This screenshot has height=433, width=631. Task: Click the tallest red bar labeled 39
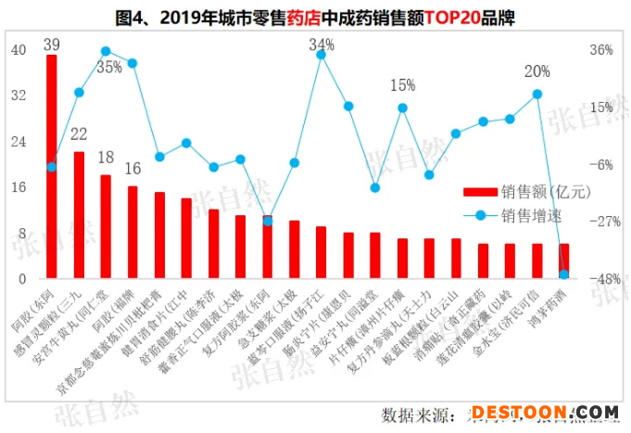(x=52, y=167)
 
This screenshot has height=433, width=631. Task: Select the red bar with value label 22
(x=80, y=215)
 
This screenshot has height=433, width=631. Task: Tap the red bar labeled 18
(x=106, y=226)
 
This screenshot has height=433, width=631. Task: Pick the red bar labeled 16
(x=133, y=232)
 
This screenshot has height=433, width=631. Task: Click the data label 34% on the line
(x=322, y=45)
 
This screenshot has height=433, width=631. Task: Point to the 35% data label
(x=109, y=68)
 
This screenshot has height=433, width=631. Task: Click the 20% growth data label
(x=536, y=71)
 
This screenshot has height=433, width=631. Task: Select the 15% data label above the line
(x=402, y=85)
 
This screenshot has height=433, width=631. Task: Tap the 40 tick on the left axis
(x=19, y=50)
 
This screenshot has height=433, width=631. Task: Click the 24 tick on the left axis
(x=19, y=142)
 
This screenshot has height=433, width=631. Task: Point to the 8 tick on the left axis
(x=21, y=234)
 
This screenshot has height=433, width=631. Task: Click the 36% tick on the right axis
(x=602, y=50)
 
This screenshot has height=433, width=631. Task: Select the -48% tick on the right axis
(x=602, y=279)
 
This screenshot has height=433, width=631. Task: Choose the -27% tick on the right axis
(x=602, y=222)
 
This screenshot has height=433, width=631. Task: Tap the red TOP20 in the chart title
(x=448, y=18)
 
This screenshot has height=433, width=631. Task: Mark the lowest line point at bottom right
(x=563, y=274)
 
